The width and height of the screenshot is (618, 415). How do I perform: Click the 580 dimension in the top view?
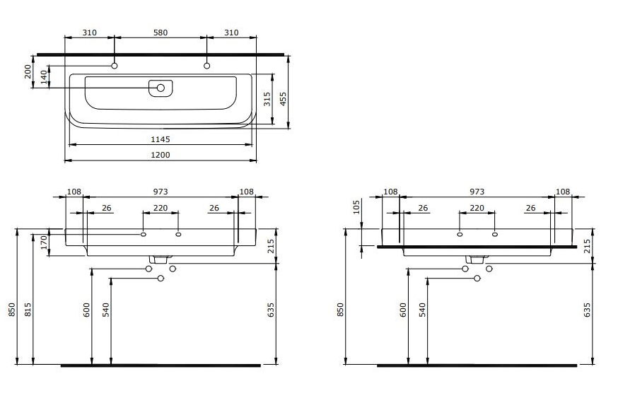(161, 33)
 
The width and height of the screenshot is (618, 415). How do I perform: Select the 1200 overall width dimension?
(161, 155)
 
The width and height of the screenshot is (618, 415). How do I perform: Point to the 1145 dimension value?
(161, 139)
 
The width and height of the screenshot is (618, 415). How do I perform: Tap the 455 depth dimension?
(283, 98)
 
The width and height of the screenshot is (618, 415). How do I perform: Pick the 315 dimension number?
(267, 98)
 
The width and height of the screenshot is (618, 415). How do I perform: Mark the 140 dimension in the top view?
(45, 77)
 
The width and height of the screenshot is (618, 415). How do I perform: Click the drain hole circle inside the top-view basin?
(161, 88)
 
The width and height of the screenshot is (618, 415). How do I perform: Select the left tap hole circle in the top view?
(115, 66)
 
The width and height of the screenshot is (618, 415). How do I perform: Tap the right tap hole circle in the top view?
(207, 66)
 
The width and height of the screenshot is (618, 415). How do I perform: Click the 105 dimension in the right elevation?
(357, 206)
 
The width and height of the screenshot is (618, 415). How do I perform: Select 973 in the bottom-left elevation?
(161, 192)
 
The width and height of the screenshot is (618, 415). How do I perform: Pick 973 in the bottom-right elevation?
(477, 192)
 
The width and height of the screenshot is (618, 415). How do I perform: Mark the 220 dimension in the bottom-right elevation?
(477, 208)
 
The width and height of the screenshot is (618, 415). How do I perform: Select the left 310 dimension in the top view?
(89, 33)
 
